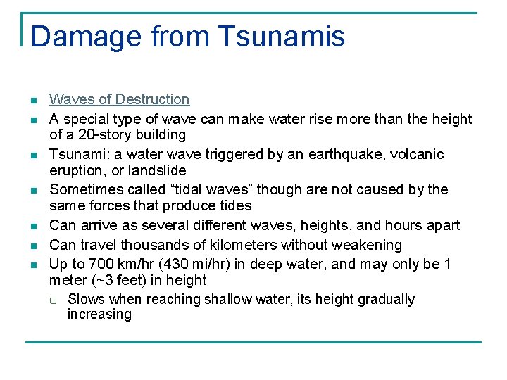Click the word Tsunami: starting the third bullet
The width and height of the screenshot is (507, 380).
coord(76,154)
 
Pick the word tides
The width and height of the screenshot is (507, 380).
coord(234,205)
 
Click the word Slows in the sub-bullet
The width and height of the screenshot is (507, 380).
coord(86,299)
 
